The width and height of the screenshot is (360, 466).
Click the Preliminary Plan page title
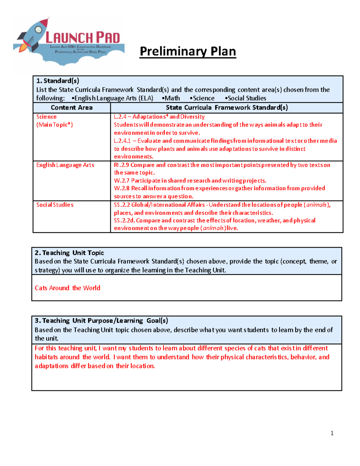(x=188, y=51)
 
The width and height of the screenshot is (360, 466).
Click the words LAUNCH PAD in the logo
(x=82, y=38)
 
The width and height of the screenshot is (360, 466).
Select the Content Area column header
(x=71, y=108)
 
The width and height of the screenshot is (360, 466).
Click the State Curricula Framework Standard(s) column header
(x=227, y=108)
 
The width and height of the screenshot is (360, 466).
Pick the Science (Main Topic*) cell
(x=54, y=121)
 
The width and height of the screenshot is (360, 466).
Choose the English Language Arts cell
(x=65, y=165)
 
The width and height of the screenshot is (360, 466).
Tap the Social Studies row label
(x=55, y=205)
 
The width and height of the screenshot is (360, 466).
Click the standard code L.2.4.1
(x=122, y=141)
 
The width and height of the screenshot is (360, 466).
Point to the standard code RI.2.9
(x=121, y=165)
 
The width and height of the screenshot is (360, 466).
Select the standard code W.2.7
(x=121, y=181)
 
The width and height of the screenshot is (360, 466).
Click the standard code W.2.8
(x=121, y=188)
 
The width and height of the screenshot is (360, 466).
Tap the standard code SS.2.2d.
(x=124, y=221)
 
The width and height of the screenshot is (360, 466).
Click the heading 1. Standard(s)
(x=58, y=81)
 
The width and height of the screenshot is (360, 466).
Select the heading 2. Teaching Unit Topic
(x=69, y=253)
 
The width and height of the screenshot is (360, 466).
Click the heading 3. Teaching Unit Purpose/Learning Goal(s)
(x=101, y=321)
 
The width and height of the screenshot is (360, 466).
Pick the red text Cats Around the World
(x=67, y=288)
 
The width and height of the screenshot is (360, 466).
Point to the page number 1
(x=332, y=433)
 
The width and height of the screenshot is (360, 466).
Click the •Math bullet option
(x=171, y=98)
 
